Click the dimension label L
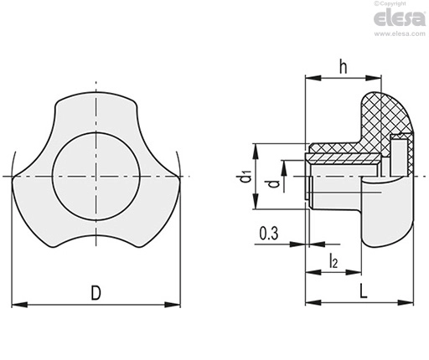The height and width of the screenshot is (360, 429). tap(363, 291)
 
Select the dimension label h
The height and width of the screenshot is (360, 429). tap(344, 67)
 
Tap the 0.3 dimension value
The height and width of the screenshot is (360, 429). tap(269, 234)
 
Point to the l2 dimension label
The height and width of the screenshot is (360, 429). tap(333, 260)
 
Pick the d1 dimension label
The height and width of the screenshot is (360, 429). tap(246, 177)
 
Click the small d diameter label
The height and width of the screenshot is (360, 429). tap(275, 184)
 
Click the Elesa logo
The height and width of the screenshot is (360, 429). tap(400, 18)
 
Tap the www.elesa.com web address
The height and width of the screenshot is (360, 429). tap(400, 33)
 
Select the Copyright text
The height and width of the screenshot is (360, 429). tap(390, 3)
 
